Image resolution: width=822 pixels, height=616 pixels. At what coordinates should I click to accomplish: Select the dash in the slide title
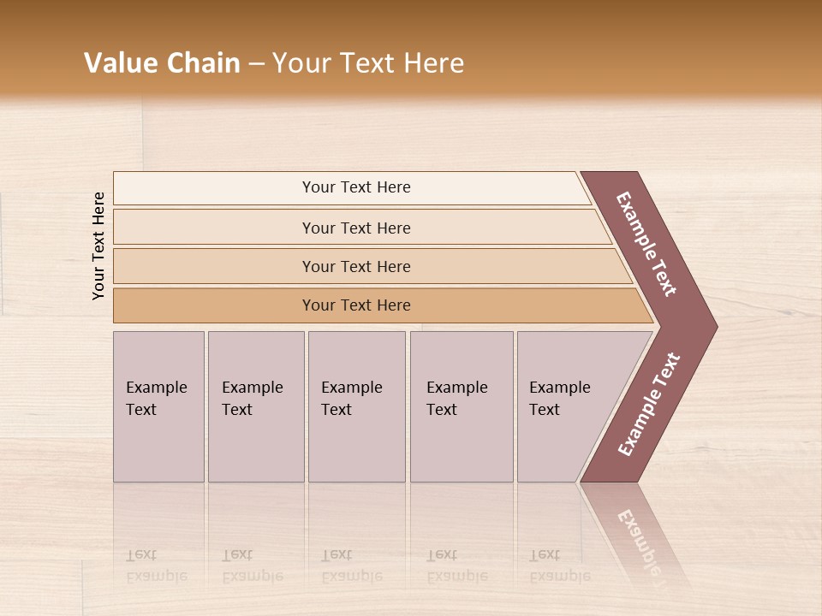[256, 64]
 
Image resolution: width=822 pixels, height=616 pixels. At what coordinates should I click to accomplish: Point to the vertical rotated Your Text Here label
[98, 246]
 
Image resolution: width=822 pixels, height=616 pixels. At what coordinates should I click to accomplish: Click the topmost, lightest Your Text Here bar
[355, 187]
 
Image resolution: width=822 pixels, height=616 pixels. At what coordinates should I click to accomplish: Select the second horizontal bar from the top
[355, 228]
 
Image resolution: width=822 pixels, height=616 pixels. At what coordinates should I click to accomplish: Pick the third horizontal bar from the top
[355, 266]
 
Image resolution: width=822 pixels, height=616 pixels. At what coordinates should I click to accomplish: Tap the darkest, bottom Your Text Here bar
[355, 305]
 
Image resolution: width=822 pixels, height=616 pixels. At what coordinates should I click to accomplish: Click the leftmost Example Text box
[158, 406]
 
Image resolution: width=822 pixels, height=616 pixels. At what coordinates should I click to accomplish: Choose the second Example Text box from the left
[255, 406]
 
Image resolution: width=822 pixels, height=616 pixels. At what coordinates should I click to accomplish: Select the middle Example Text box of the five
[356, 406]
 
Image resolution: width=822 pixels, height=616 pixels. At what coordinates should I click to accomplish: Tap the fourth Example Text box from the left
[461, 406]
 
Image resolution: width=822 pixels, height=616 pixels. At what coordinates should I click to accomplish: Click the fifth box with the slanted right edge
[569, 406]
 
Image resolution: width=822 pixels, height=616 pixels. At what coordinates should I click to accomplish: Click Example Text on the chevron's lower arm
[649, 405]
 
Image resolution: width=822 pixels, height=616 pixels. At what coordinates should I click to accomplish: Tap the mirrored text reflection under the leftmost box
[157, 566]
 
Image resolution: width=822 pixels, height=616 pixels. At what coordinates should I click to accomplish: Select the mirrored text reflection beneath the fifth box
[560, 566]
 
